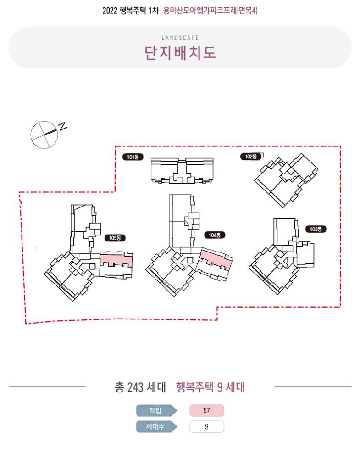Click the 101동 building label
tap(133, 157)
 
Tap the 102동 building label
tap(251, 157)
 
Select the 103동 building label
tap(316, 229)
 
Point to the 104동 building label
tap(214, 235)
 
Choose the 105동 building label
tap(115, 238)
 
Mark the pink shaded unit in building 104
tap(216, 259)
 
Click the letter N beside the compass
tap(62, 126)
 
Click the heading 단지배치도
tap(180, 53)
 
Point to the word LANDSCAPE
tap(180, 38)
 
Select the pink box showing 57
tap(207, 410)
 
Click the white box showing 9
tap(207, 426)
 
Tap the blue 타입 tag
tap(156, 410)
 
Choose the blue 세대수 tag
tap(156, 426)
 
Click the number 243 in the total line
tap(135, 387)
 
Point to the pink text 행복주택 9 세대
tap(210, 387)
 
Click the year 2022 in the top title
tap(110, 11)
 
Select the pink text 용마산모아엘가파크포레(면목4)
tap(210, 11)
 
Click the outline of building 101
tap(151, 170)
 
